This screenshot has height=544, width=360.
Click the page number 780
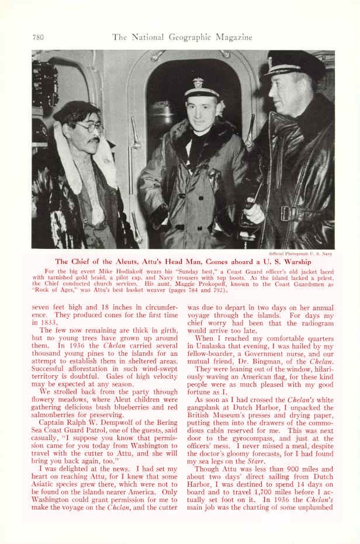coord(38,37)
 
